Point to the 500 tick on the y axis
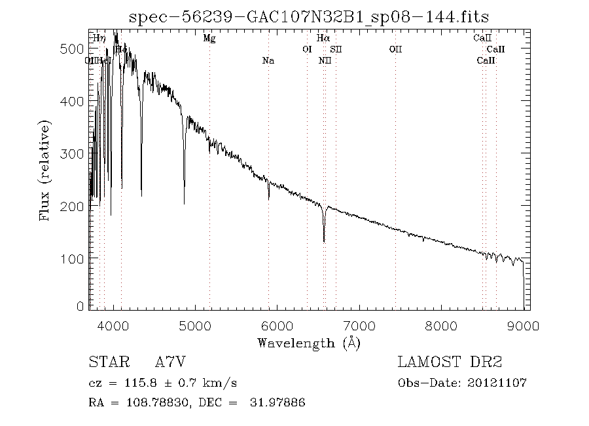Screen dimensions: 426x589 point(90,49)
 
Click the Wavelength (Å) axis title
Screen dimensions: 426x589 point(309,342)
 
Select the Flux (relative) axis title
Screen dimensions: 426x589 point(46,170)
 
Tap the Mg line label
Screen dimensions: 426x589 point(209,39)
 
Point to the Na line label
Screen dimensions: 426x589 point(268,61)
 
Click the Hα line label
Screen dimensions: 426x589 point(323,39)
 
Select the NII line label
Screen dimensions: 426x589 point(325,61)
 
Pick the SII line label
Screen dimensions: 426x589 point(336,50)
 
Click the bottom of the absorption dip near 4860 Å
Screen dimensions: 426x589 point(184,204)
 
